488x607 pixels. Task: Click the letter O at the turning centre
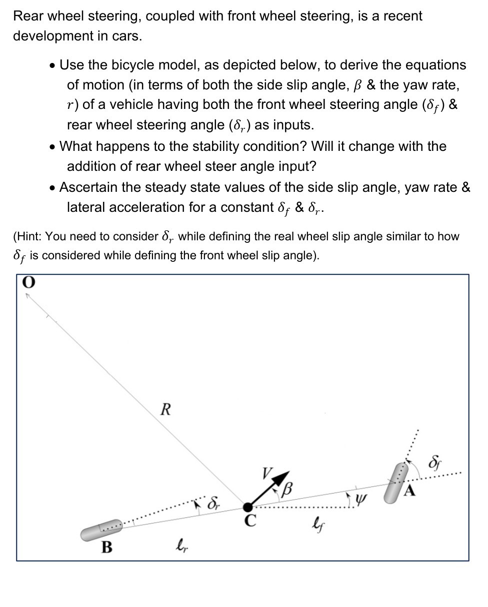(x=29, y=283)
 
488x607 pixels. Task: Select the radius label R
(x=165, y=410)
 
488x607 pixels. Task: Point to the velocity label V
(x=267, y=473)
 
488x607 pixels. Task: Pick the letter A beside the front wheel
(x=409, y=492)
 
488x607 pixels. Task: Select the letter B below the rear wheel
(x=106, y=547)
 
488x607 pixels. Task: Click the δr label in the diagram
(x=213, y=501)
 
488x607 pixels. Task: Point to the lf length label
(x=315, y=524)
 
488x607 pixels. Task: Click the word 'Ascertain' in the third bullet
(x=88, y=187)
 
